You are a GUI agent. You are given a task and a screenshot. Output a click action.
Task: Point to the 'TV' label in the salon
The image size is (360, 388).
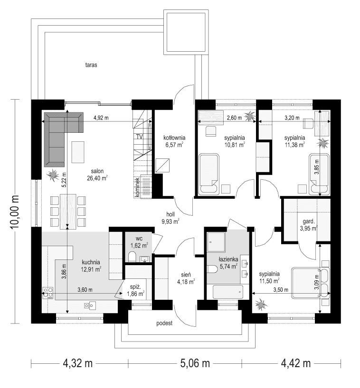(x=140, y=137)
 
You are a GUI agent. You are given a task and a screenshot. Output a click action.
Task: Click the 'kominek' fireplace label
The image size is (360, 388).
(x=137, y=187)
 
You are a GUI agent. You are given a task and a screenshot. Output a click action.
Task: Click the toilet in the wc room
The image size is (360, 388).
(x=133, y=258)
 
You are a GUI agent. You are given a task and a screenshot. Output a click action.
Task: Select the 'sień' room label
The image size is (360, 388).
(x=186, y=274)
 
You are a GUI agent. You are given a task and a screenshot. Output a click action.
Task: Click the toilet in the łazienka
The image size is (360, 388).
(x=212, y=269)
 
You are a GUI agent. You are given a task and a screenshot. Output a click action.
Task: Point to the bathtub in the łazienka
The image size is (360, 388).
(x=228, y=292)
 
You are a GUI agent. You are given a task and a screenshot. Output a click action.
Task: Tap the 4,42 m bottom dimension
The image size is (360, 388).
(x=295, y=364)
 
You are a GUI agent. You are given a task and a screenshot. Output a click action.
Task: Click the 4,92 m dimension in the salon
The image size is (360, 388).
(x=101, y=117)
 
